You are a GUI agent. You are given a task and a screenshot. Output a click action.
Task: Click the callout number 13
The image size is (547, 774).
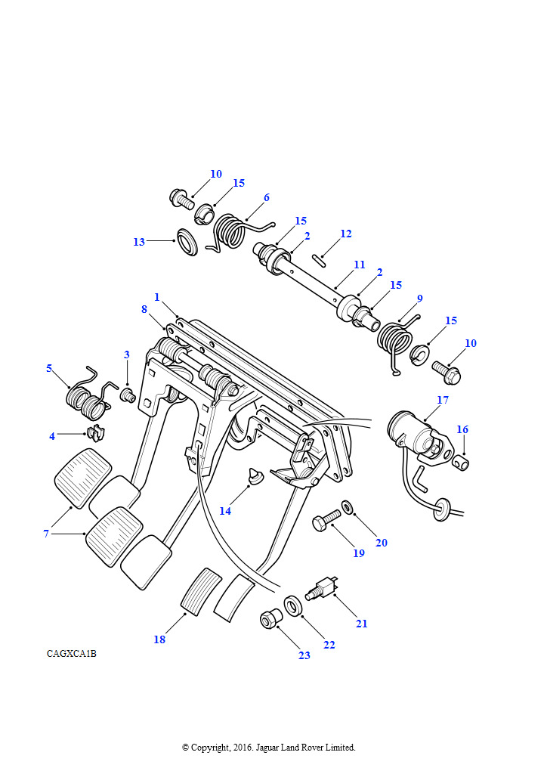pyautogui.click(x=139, y=242)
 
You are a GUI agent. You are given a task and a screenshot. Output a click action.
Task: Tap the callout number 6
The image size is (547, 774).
pyautogui.click(x=266, y=197)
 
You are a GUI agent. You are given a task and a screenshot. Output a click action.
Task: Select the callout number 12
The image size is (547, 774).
pyautogui.click(x=345, y=234)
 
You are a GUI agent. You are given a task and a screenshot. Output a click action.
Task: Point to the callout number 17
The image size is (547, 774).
pyautogui.click(x=443, y=399)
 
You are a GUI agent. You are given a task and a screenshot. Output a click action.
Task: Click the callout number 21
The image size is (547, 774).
pyautogui.click(x=362, y=624)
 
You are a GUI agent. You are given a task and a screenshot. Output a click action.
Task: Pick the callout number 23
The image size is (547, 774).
pyautogui.click(x=304, y=655)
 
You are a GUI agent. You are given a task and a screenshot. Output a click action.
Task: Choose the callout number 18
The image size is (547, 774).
pyautogui.click(x=159, y=639)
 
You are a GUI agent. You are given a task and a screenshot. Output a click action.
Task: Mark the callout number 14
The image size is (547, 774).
pyautogui.click(x=225, y=511)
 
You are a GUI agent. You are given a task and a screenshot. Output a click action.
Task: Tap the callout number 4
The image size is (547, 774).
pyautogui.click(x=52, y=436)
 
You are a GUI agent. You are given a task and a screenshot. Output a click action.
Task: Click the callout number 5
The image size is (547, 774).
pyautogui.click(x=49, y=368)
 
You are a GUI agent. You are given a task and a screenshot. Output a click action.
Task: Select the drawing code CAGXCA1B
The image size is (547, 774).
pyautogui.click(x=71, y=654)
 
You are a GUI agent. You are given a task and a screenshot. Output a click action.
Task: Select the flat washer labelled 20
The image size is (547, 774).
pyautogui.click(x=348, y=504)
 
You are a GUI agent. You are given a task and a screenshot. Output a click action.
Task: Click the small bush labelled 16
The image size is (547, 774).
pyautogui.click(x=461, y=460)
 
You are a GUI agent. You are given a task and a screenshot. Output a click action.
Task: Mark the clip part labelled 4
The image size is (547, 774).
pyautogui.click(x=96, y=434)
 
